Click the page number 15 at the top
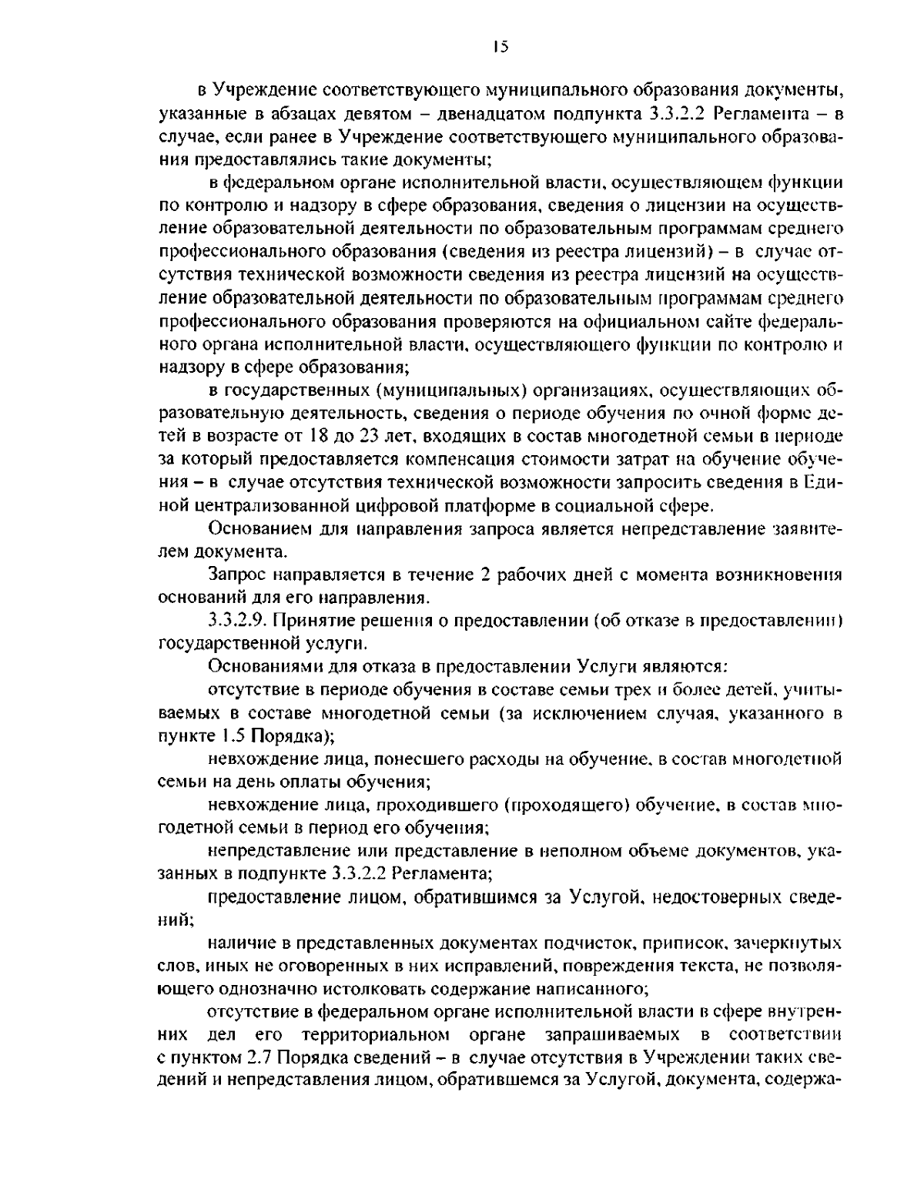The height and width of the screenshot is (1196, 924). pos(500,48)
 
